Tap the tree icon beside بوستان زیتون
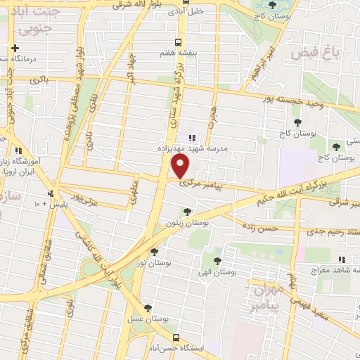186,211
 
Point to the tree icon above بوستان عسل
148,307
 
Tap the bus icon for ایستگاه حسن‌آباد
177,338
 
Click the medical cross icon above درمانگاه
15,48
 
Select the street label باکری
39,82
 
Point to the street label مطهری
134,188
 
